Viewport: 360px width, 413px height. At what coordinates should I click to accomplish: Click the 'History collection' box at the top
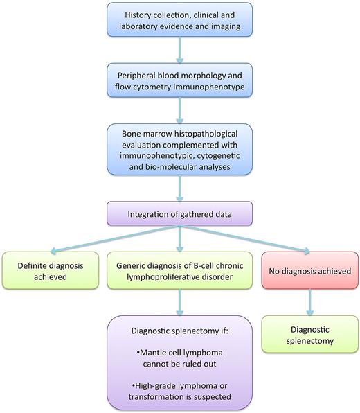tap(179, 21)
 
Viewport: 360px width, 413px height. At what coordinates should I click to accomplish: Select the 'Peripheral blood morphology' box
tap(179, 80)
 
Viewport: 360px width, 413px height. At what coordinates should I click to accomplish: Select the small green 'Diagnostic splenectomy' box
tap(309, 334)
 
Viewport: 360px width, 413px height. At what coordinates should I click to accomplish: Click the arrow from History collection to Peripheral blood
tap(179, 51)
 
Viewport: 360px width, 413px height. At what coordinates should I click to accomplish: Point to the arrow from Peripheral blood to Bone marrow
tap(179, 112)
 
